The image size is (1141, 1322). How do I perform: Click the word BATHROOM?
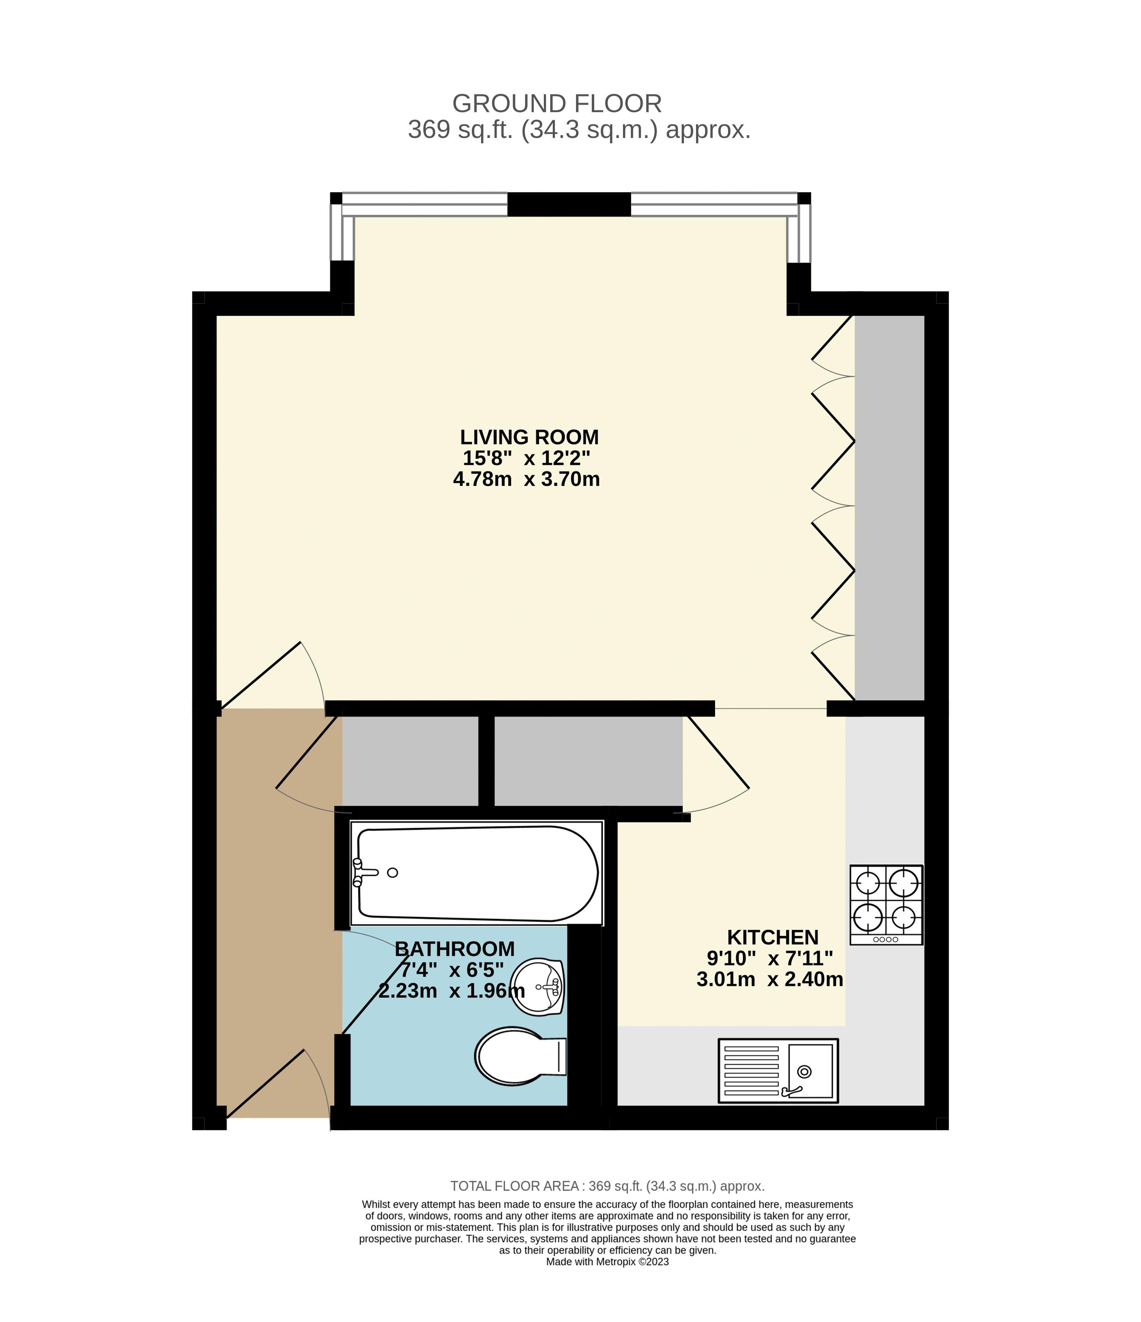(454, 949)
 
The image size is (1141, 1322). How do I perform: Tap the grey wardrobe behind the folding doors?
(889, 507)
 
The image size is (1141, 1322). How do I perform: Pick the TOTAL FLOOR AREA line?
(607, 1186)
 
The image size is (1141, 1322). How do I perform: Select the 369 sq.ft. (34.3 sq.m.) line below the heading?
(579, 130)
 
